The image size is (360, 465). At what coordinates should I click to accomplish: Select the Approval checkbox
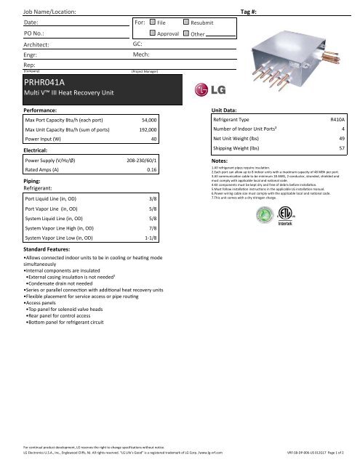click(x=152, y=34)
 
